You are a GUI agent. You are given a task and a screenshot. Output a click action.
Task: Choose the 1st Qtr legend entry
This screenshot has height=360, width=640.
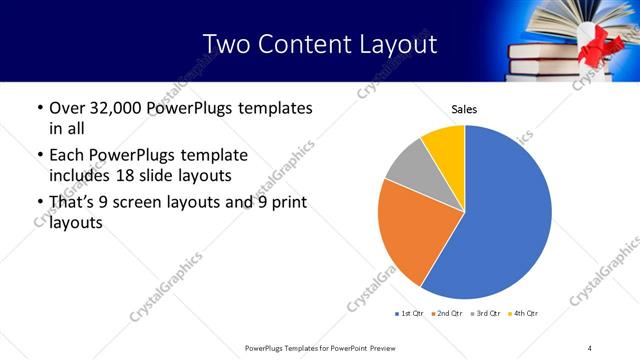(x=410, y=314)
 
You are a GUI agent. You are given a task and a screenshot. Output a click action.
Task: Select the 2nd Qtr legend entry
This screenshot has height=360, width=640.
(x=447, y=314)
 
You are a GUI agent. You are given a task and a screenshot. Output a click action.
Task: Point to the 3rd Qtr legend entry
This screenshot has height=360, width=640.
(x=485, y=314)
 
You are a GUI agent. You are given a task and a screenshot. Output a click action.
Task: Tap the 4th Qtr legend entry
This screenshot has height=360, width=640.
(x=523, y=314)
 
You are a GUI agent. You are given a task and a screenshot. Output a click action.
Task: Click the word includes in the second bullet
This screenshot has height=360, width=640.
(x=80, y=176)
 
